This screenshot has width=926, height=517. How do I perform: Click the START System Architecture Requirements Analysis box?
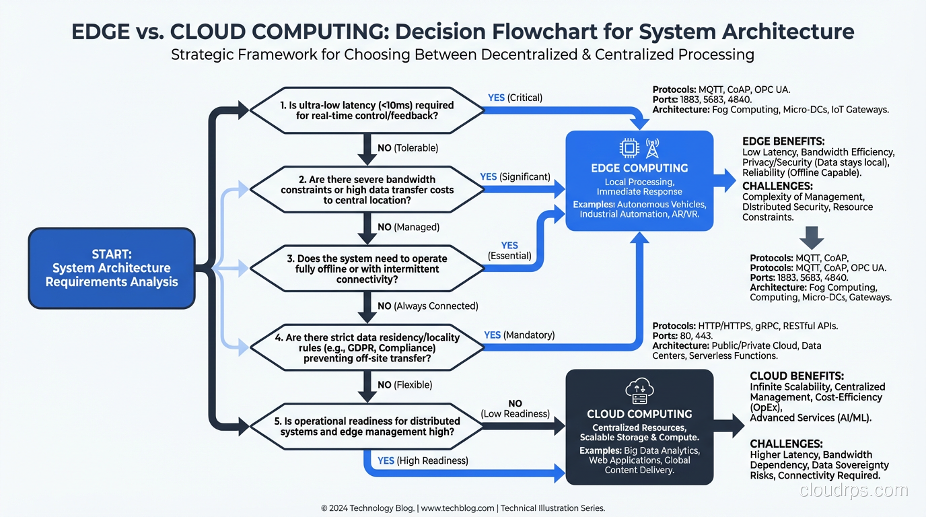tap(112, 268)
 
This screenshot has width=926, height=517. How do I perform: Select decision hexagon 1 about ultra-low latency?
tap(367, 110)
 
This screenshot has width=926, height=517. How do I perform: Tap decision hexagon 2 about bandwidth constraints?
tap(367, 190)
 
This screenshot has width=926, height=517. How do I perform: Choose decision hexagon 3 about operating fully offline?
tap(367, 269)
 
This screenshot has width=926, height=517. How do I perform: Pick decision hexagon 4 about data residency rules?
tap(367, 348)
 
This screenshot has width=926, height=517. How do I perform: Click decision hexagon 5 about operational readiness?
tap(367, 426)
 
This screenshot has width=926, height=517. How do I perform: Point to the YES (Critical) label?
tap(515, 98)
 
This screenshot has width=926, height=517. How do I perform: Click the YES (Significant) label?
tap(515, 176)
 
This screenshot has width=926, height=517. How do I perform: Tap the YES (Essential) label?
tap(509, 250)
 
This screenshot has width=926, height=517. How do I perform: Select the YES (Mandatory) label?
tap(519, 335)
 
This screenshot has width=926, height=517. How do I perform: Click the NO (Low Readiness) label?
tap(515, 408)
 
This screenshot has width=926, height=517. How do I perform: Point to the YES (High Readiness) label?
tap(423, 460)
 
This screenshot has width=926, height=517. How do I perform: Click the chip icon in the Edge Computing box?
tap(629, 148)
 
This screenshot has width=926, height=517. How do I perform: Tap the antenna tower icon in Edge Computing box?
tap(652, 147)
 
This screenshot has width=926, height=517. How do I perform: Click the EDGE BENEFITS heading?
tap(783, 141)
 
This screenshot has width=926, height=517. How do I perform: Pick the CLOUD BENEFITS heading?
tap(797, 376)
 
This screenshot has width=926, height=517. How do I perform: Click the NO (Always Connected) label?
tap(427, 306)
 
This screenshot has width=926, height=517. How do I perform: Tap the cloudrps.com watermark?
tap(854, 491)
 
